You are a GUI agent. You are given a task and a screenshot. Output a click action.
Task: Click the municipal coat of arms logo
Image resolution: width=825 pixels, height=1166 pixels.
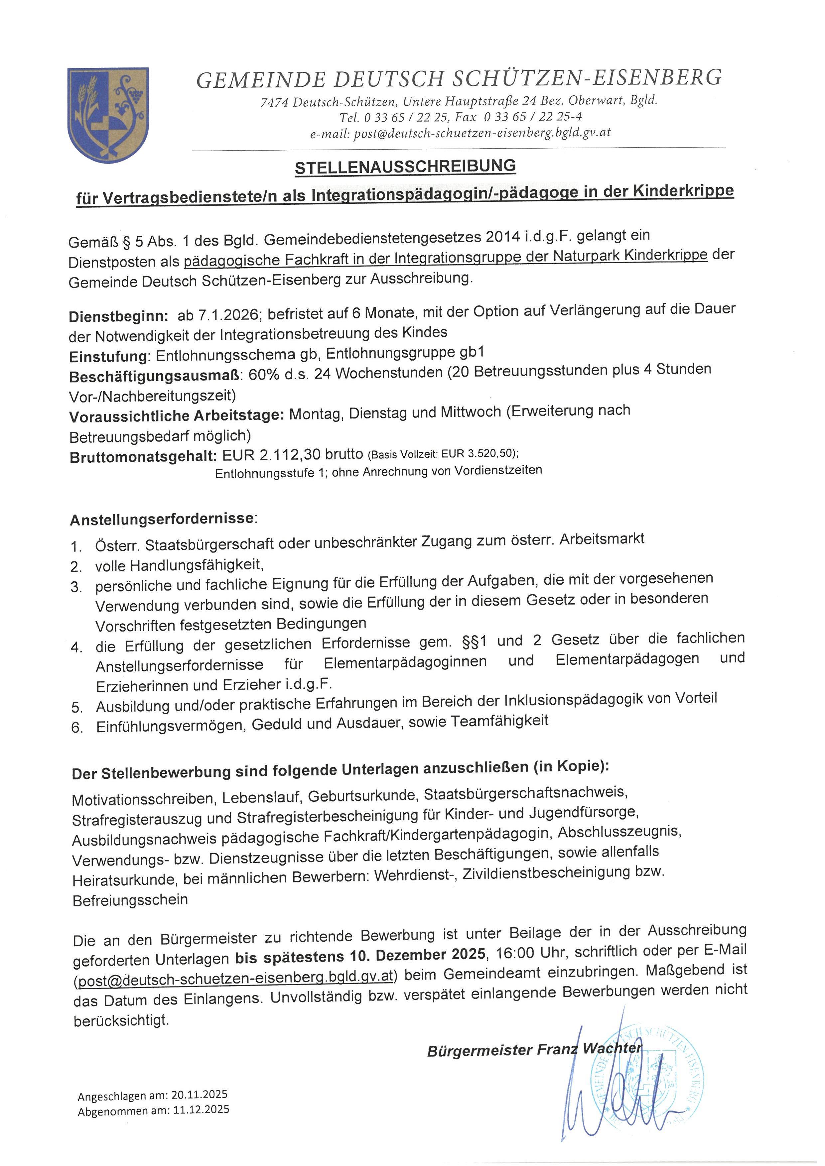(x=108, y=114)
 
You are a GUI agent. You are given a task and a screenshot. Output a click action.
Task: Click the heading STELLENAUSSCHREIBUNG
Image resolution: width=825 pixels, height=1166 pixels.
(x=405, y=167)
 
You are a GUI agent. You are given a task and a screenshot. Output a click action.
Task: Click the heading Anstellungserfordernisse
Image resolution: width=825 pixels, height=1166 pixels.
(x=162, y=519)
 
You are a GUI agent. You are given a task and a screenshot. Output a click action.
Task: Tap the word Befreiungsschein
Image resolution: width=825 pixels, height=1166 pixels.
(x=130, y=900)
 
